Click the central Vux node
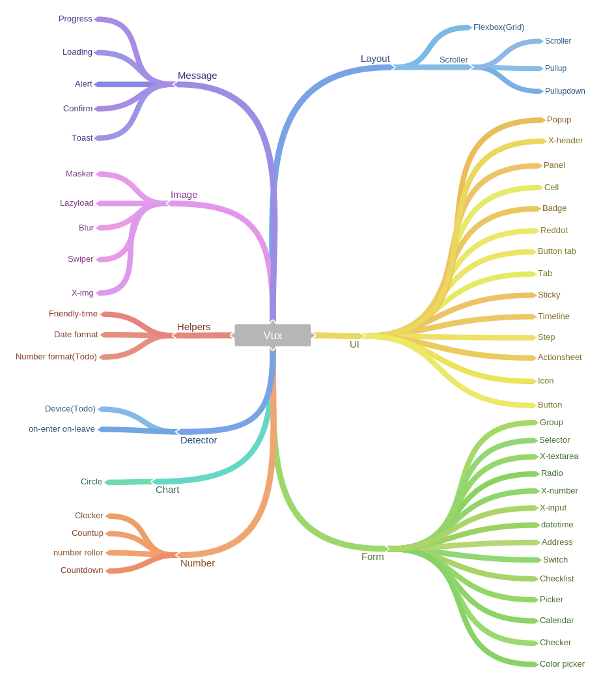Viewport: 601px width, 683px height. [x=272, y=335]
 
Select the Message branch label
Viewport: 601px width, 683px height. [x=197, y=76]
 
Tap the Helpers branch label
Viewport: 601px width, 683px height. [x=193, y=327]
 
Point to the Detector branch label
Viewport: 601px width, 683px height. [x=199, y=440]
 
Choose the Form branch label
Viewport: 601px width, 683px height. [x=372, y=557]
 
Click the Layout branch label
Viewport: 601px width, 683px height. [x=375, y=59]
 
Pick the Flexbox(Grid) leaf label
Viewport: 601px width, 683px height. [x=498, y=27]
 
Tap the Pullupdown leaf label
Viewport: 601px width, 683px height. [x=565, y=91]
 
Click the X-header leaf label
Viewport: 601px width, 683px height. [x=565, y=141]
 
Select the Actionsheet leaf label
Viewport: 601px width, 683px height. [x=559, y=357]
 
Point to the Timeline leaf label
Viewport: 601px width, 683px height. [x=553, y=316]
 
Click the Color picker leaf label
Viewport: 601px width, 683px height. [x=562, y=664]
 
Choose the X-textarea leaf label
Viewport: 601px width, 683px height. [x=559, y=456]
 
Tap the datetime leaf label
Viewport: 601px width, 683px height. [x=557, y=525]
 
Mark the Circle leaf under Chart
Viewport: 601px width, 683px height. [x=91, y=482]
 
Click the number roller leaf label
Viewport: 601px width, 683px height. [x=78, y=553]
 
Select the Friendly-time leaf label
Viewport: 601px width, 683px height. [x=73, y=314]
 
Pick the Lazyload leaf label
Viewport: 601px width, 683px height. [x=77, y=203]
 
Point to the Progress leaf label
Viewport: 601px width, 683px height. [x=76, y=19]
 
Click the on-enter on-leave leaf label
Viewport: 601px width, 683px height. [x=62, y=429]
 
